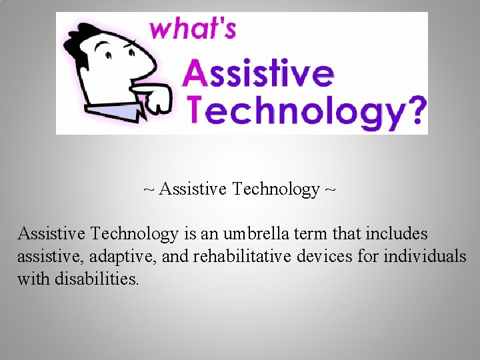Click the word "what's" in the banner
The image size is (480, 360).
193,29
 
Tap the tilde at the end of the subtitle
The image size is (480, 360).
331,189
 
